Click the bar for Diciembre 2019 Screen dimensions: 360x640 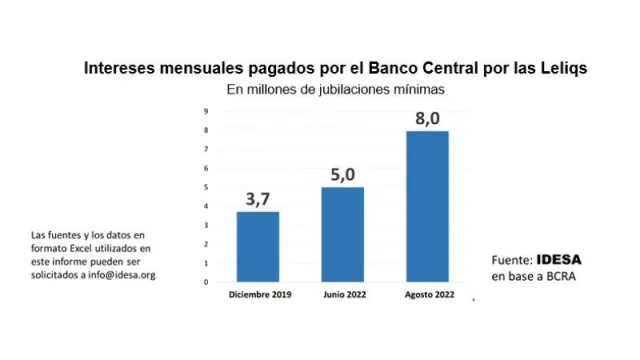(257, 246)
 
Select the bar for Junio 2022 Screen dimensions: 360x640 (342, 234)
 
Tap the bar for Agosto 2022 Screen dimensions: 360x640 (427, 206)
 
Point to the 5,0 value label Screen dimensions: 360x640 (342, 174)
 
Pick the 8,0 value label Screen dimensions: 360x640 (427, 118)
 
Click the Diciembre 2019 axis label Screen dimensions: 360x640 (257, 295)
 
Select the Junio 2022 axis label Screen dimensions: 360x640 (342, 295)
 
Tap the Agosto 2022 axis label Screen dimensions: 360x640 (427, 295)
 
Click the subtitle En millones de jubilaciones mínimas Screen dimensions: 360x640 (335, 89)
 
